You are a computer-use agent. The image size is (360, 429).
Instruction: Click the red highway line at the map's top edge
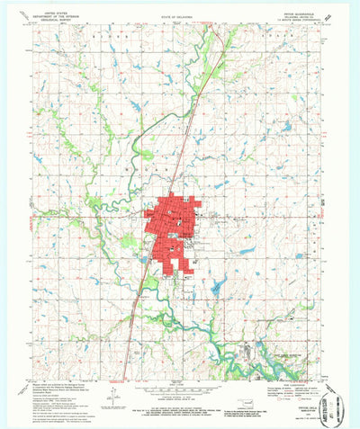coord(213,29)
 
